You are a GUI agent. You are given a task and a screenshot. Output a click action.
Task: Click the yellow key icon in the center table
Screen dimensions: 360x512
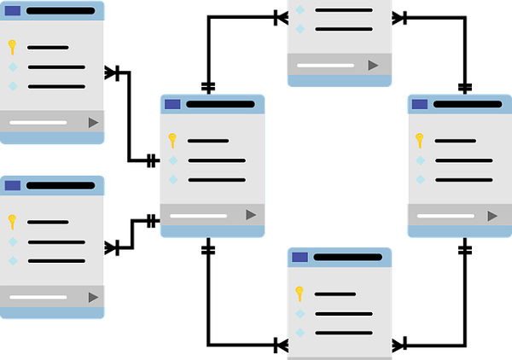(x=172, y=140)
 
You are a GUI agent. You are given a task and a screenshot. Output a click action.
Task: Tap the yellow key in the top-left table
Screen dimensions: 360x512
(x=12, y=47)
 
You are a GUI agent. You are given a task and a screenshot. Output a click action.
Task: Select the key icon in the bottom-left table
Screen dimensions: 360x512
(x=12, y=221)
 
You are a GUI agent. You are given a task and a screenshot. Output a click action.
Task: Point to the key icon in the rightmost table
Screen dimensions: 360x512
(x=419, y=140)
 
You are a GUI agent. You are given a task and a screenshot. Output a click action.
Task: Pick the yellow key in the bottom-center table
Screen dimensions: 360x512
(x=300, y=293)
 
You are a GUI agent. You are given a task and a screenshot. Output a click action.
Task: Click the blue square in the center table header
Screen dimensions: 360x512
(x=172, y=104)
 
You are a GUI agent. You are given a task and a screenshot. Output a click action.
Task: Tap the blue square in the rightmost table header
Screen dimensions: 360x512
(x=419, y=104)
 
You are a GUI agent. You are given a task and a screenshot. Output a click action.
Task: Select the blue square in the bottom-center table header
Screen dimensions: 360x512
(x=300, y=257)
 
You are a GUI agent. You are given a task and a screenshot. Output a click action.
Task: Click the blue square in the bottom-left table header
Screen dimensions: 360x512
(x=12, y=185)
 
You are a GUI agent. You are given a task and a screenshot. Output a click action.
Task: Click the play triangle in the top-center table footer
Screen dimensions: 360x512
(x=372, y=65)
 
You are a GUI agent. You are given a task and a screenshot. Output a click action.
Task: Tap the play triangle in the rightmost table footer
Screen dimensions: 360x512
(x=492, y=216)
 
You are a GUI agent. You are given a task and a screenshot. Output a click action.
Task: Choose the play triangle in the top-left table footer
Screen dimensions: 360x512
(x=93, y=123)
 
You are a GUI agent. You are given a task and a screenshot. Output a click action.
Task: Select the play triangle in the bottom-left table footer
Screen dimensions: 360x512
(x=93, y=297)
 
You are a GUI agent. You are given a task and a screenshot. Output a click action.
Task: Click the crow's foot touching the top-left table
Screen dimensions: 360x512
(x=112, y=73)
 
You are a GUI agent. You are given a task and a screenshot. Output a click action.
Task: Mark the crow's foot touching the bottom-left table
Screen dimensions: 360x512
(x=112, y=248)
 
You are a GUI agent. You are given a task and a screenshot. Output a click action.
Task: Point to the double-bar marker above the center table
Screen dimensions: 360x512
(x=208, y=87)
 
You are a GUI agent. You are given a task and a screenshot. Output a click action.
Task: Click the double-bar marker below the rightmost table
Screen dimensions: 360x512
(x=464, y=249)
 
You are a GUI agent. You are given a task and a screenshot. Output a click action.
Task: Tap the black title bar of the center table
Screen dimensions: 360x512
(x=220, y=104)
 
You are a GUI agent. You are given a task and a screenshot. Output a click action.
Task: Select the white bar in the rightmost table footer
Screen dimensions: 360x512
(x=445, y=216)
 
